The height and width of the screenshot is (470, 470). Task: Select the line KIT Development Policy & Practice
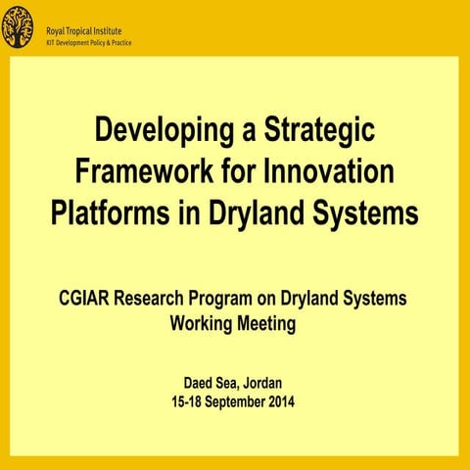coord(89,44)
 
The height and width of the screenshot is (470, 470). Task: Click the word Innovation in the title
coord(330,170)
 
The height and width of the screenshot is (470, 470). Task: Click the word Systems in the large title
coord(368,211)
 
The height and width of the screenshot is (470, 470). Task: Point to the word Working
coord(201,322)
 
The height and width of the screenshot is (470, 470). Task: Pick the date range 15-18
coord(188,401)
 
